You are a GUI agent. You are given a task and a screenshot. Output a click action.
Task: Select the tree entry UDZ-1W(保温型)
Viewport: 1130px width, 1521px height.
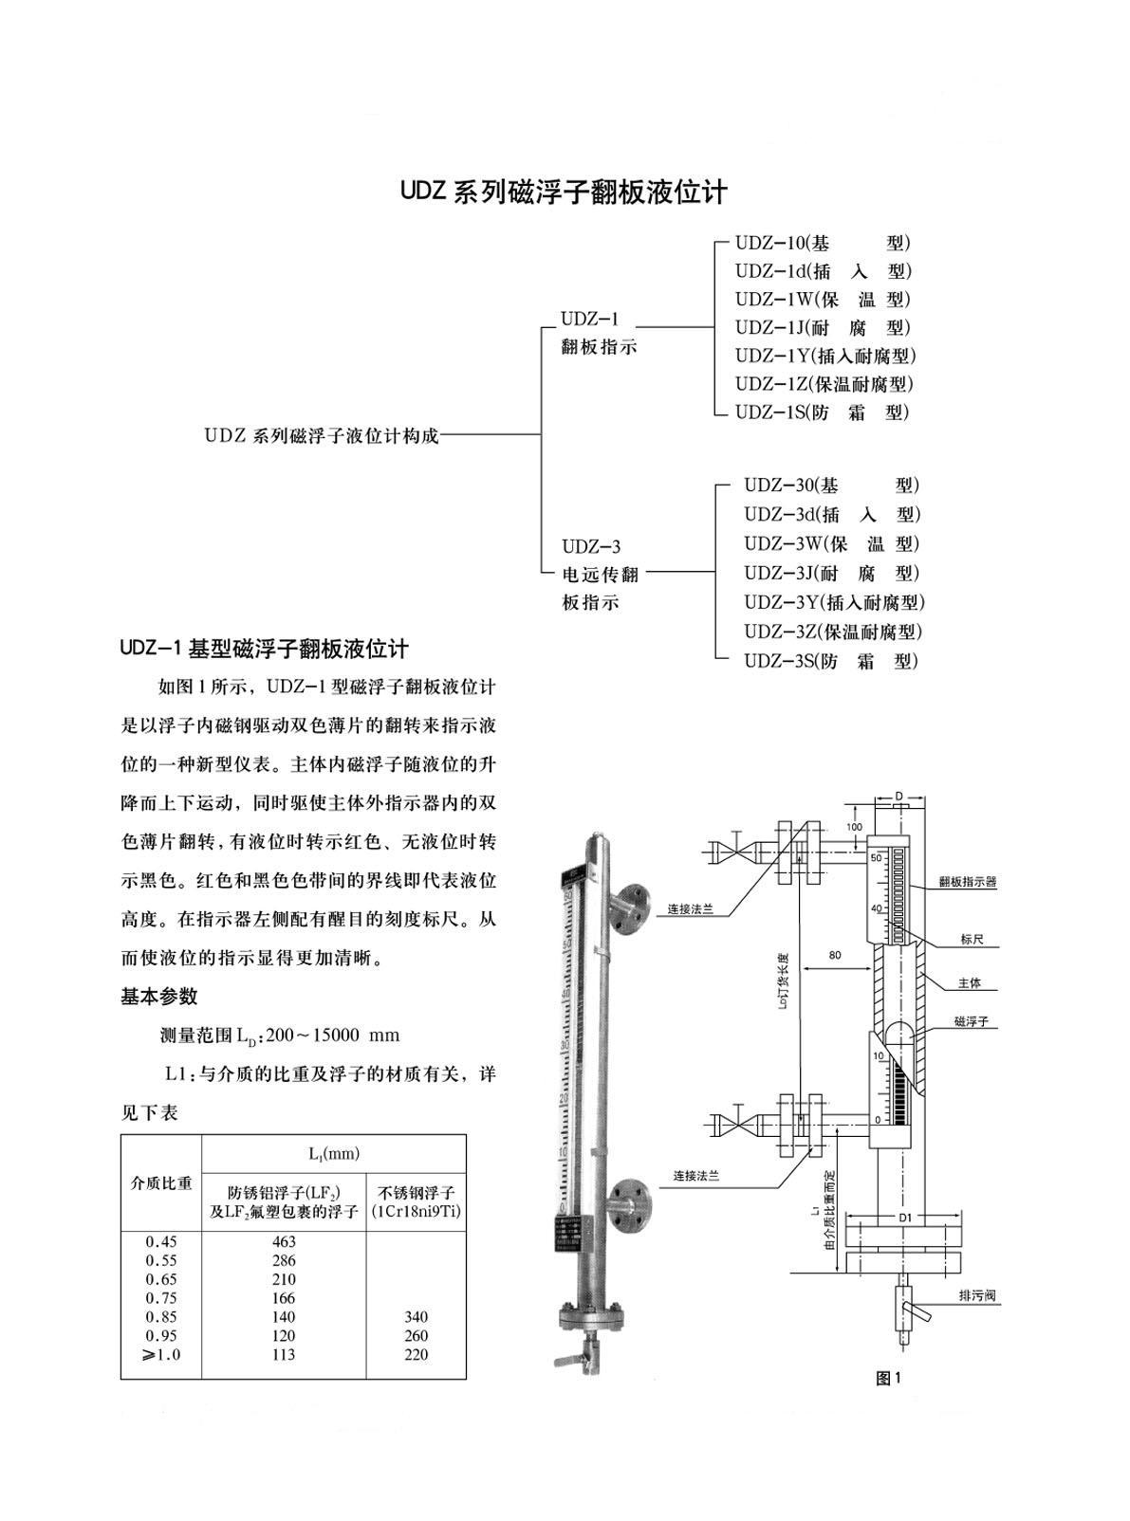(x=822, y=300)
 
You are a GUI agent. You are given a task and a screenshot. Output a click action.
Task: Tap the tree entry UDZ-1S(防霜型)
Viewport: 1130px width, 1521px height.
(x=822, y=412)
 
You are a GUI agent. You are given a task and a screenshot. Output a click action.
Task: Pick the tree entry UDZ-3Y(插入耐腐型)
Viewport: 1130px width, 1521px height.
(x=833, y=602)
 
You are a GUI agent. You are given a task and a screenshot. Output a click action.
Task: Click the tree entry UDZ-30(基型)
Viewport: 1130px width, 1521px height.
(x=831, y=486)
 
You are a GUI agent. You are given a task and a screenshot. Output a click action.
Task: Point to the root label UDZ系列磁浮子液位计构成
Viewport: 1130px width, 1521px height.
(x=322, y=436)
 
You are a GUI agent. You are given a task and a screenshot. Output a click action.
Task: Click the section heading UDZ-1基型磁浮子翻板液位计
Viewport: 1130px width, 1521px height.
(x=265, y=650)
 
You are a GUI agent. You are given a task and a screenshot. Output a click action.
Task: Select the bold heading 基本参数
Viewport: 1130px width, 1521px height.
(x=159, y=997)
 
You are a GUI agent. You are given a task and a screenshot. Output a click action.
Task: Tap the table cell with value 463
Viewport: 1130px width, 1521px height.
(x=284, y=1241)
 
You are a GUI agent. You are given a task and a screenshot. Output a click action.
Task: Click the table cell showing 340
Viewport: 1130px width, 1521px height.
(x=416, y=1316)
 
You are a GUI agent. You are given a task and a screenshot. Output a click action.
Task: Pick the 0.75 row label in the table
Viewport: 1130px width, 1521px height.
(x=161, y=1298)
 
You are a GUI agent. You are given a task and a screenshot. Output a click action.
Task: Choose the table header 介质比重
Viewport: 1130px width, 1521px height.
(x=161, y=1182)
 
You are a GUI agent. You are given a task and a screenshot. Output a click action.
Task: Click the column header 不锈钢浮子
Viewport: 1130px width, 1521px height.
(x=417, y=1193)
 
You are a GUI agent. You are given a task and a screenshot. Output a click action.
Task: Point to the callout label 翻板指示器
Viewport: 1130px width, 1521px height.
(x=968, y=882)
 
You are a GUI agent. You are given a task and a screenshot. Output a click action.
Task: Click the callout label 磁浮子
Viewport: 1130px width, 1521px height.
(x=971, y=1022)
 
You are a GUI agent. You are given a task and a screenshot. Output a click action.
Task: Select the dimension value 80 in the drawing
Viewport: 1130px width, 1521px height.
(x=834, y=955)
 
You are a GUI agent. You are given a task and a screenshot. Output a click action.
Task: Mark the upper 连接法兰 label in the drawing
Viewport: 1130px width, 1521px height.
(x=690, y=908)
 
